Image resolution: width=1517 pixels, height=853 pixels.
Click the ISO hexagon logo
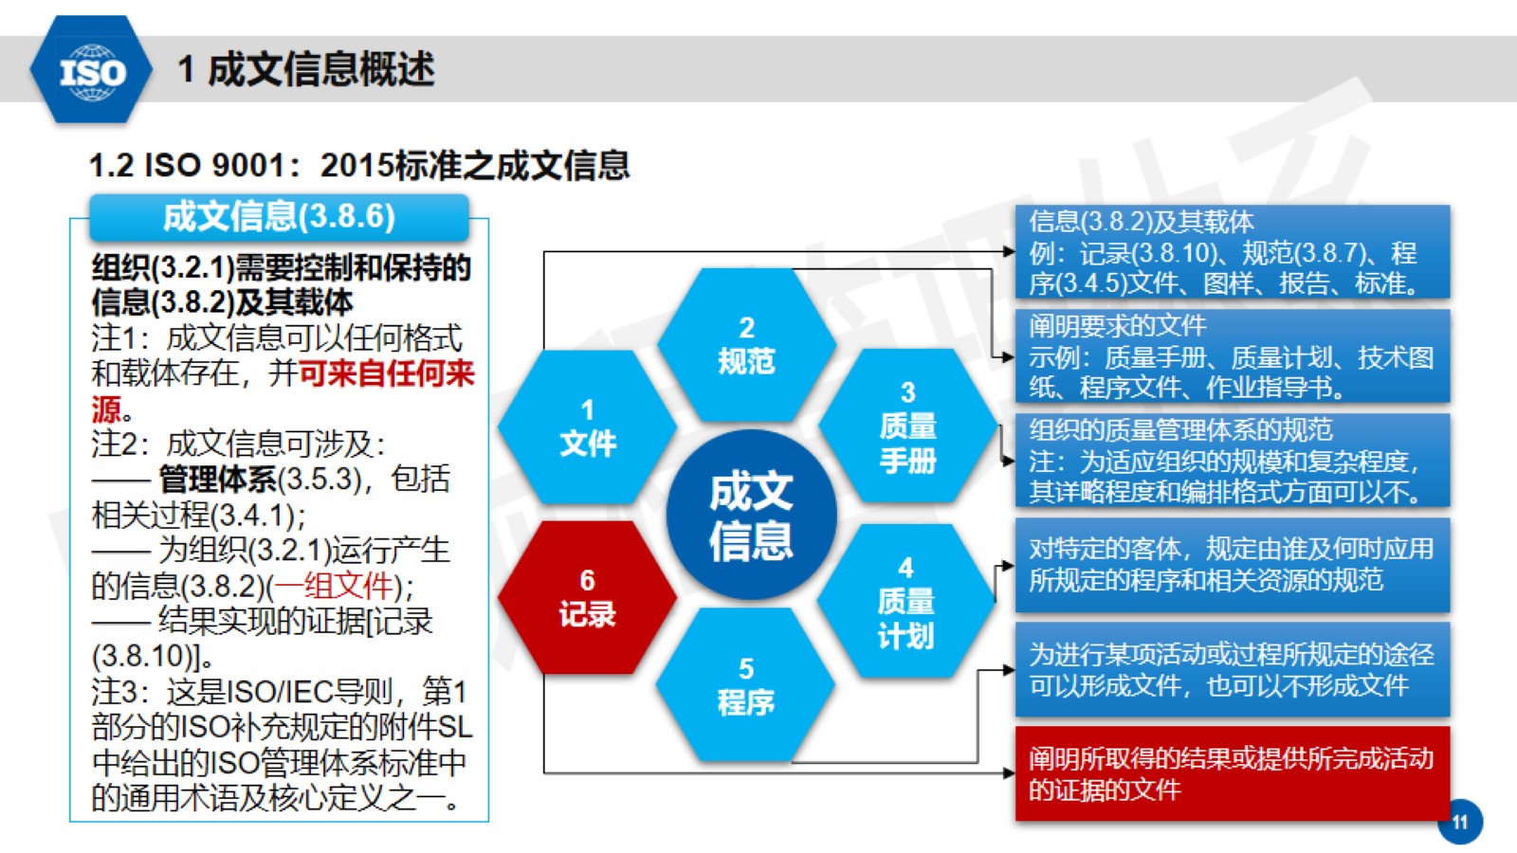(x=91, y=70)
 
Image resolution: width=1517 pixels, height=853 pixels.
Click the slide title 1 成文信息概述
(x=306, y=69)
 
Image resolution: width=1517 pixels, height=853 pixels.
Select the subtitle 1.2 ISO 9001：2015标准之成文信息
(x=359, y=165)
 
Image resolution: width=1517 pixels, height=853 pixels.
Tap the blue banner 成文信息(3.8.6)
(x=279, y=217)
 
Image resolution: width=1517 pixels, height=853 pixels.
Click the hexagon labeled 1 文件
(x=588, y=426)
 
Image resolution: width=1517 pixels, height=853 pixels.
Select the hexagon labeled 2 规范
(x=746, y=345)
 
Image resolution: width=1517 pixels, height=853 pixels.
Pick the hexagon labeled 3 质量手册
(x=907, y=426)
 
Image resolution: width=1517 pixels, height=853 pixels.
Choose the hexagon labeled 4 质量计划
(x=906, y=601)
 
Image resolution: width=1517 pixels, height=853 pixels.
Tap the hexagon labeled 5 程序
(x=745, y=684)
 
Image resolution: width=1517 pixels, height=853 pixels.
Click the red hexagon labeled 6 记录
(x=588, y=598)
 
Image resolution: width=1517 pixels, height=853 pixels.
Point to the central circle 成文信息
(x=751, y=516)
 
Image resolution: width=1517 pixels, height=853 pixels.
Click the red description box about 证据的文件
(x=1233, y=773)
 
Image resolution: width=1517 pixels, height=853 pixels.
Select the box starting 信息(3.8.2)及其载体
(x=1233, y=251)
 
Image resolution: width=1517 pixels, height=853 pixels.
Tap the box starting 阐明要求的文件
(x=1233, y=356)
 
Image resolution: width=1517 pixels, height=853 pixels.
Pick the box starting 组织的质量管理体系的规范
(x=1233, y=461)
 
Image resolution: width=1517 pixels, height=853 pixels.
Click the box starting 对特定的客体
(x=1233, y=565)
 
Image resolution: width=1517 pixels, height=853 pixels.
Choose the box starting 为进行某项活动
(x=1233, y=669)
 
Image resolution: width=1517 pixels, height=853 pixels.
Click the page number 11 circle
(x=1460, y=822)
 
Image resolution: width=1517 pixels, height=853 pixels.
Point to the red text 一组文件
(x=333, y=586)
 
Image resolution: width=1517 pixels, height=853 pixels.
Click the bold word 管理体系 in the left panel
(x=218, y=480)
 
